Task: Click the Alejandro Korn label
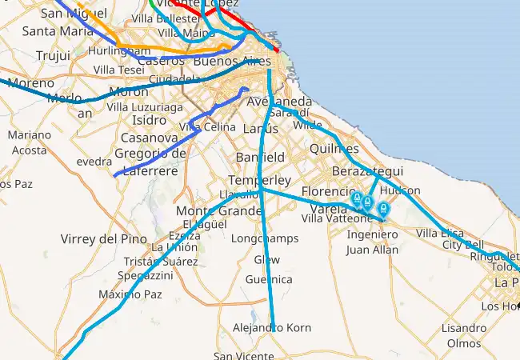pos(271,328)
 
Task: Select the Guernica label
pos(269,279)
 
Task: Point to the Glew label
pos(267,260)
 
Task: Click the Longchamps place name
pos(264,238)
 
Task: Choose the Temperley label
pos(259,180)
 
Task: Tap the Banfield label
pos(260,157)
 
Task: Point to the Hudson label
pos(400,191)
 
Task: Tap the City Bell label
pos(463,244)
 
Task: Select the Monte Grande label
pos(218,210)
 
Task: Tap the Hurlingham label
pos(115,50)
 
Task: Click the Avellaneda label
pos(280,102)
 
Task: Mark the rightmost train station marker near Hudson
pos(383,210)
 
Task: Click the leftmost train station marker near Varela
pos(357,198)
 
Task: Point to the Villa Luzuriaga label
pos(145,106)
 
